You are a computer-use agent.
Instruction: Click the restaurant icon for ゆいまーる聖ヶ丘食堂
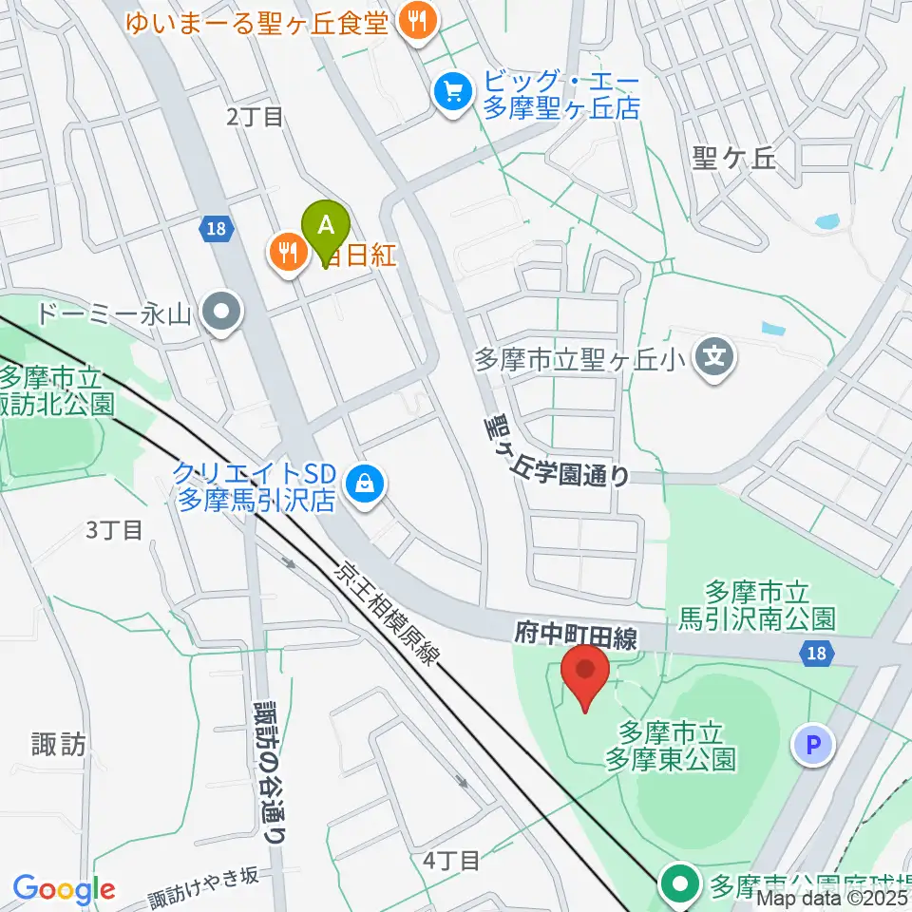coord(416,20)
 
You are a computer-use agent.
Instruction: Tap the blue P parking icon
coord(812,746)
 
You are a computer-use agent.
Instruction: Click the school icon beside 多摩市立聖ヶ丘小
coord(715,358)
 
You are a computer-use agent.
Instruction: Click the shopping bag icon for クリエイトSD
coord(364,484)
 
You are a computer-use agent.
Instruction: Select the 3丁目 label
coord(114,529)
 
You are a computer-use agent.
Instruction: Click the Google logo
coord(64,889)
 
